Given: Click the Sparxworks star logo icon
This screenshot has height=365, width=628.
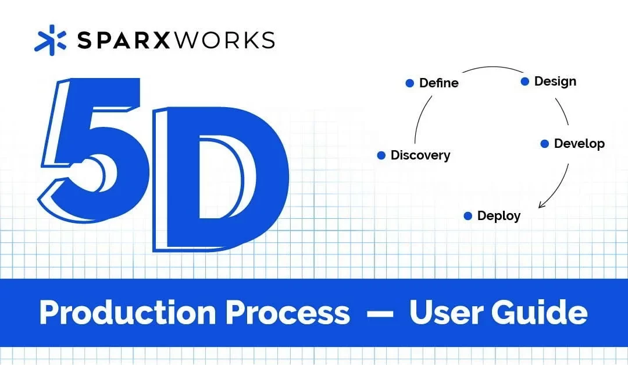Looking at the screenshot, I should click(x=51, y=41).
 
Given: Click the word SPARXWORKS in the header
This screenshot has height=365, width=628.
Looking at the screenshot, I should click(x=176, y=41).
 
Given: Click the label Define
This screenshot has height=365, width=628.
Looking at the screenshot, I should click(x=439, y=83).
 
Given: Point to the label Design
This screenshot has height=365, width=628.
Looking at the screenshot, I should click(x=555, y=81).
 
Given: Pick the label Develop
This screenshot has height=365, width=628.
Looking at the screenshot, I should click(x=579, y=144).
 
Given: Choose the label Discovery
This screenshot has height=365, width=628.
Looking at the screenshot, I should click(x=420, y=155).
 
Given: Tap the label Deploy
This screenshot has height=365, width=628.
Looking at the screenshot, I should click(x=499, y=216).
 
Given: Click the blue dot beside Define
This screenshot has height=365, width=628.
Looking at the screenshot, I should click(x=409, y=83).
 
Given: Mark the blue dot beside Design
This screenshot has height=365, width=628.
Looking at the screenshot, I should click(x=525, y=81).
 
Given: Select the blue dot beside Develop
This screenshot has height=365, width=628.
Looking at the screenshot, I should click(x=545, y=144).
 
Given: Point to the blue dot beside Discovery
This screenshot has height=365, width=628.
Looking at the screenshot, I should click(x=381, y=155).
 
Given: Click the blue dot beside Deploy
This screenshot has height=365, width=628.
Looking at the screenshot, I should click(x=468, y=216).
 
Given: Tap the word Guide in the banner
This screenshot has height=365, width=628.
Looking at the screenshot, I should click(x=538, y=313).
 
